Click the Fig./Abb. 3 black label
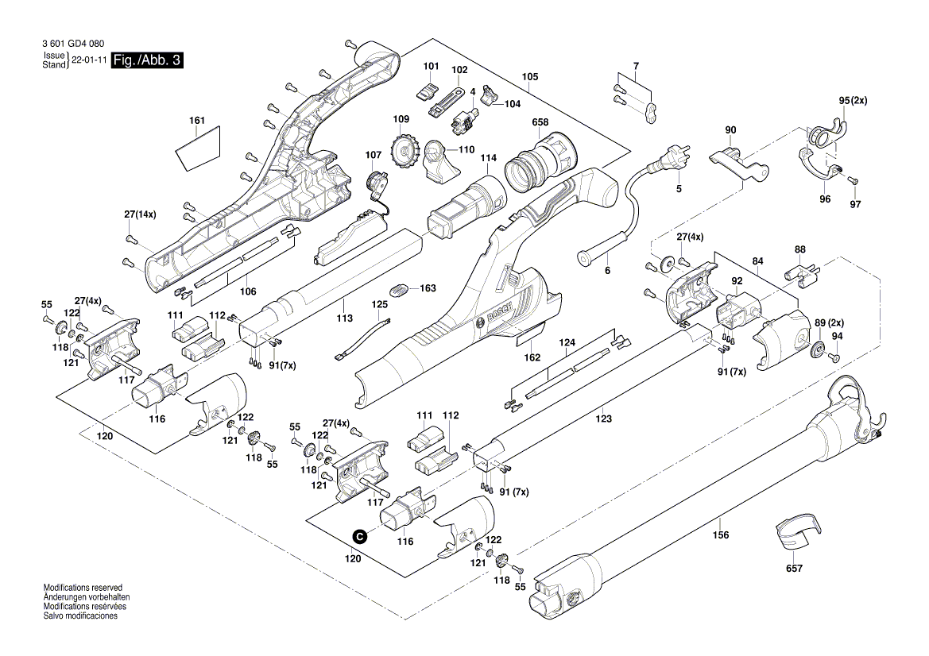147,61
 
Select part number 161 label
197,121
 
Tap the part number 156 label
720,535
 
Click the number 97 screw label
855,204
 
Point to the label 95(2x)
854,101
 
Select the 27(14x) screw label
141,214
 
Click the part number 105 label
530,77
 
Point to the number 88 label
799,248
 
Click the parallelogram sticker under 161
199,149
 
